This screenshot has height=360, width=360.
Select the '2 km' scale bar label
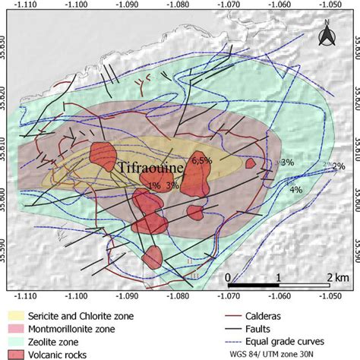point(328,276)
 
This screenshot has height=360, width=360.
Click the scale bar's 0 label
point(228,276)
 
